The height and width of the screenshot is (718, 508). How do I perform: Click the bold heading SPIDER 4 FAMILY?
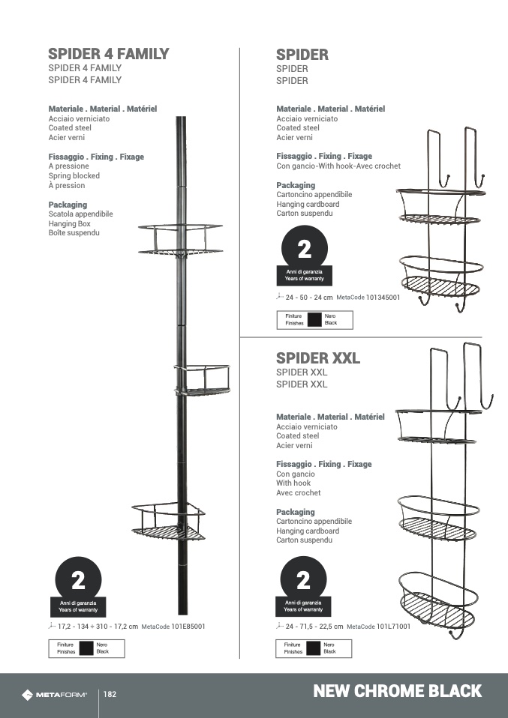click(108, 54)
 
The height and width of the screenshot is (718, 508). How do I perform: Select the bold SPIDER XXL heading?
click(317, 358)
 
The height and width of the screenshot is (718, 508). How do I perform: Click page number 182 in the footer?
click(110, 695)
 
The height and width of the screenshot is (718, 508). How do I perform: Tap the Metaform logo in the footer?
click(54, 695)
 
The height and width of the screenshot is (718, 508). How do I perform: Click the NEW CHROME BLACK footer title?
click(397, 691)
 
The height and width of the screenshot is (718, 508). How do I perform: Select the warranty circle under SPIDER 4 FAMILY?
click(78, 580)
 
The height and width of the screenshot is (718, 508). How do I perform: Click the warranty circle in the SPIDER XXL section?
click(303, 580)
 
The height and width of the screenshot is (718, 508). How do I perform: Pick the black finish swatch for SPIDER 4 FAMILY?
click(86, 648)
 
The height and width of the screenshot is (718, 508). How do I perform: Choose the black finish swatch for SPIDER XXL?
click(313, 648)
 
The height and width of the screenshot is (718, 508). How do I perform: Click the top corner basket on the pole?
click(180, 239)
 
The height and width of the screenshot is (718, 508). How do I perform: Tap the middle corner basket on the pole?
click(202, 380)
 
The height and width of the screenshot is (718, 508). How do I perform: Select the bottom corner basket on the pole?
click(168, 522)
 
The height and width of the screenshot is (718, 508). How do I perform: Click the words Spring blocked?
click(74, 176)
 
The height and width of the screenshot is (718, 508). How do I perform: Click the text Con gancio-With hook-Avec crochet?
click(338, 166)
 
